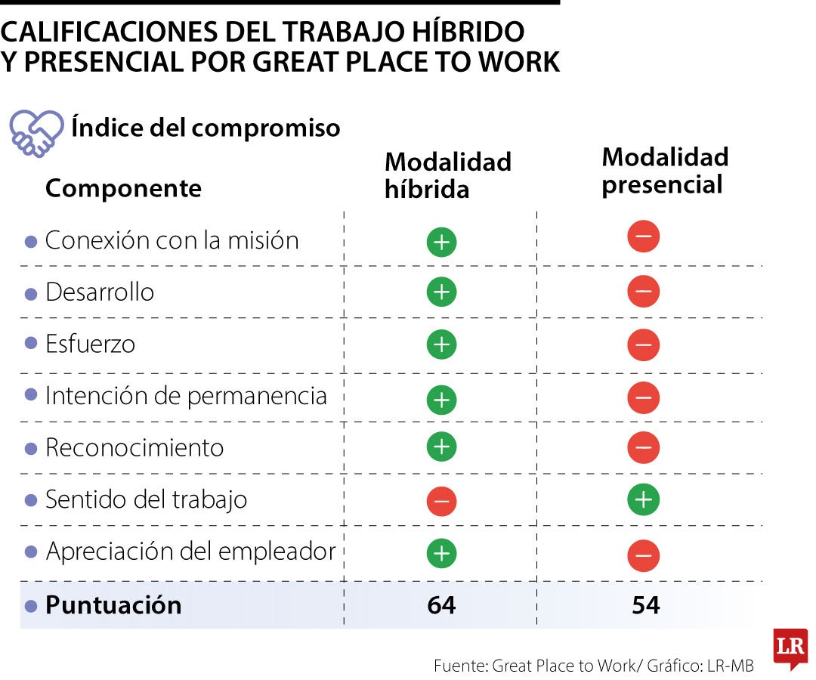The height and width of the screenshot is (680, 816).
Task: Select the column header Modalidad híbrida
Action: pyautogui.click(x=447, y=175)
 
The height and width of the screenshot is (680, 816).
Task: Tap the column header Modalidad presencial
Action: pyautogui.click(x=665, y=171)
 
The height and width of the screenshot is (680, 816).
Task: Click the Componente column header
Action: pyautogui.click(x=123, y=188)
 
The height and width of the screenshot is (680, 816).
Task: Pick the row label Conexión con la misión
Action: pyautogui.click(x=172, y=240)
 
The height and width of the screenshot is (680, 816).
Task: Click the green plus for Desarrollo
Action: pyautogui.click(x=441, y=292)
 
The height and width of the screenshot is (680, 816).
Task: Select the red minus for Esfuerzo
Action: pyautogui.click(x=644, y=345)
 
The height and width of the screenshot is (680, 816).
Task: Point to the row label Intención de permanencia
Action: pyautogui.click(x=186, y=396)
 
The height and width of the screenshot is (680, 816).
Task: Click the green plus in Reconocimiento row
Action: pyautogui.click(x=441, y=447)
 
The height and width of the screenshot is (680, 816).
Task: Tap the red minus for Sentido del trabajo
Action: pyautogui.click(x=441, y=500)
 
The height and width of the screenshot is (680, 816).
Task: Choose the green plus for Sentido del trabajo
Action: pyautogui.click(x=644, y=499)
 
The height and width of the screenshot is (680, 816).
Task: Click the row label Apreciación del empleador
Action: pyautogui.click(x=190, y=552)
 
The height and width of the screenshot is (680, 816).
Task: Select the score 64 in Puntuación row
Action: pyautogui.click(x=441, y=605)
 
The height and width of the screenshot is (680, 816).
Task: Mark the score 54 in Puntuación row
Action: pyautogui.click(x=645, y=605)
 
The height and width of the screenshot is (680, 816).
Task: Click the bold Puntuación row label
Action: pyautogui.click(x=113, y=605)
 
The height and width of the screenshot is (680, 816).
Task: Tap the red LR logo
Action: pyautogui.click(x=790, y=648)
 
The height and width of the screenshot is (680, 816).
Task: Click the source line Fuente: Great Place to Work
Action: pyautogui.click(x=593, y=666)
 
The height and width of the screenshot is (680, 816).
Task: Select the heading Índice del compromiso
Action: pyautogui.click(x=206, y=128)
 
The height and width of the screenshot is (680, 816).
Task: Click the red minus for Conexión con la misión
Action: pyautogui.click(x=644, y=237)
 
